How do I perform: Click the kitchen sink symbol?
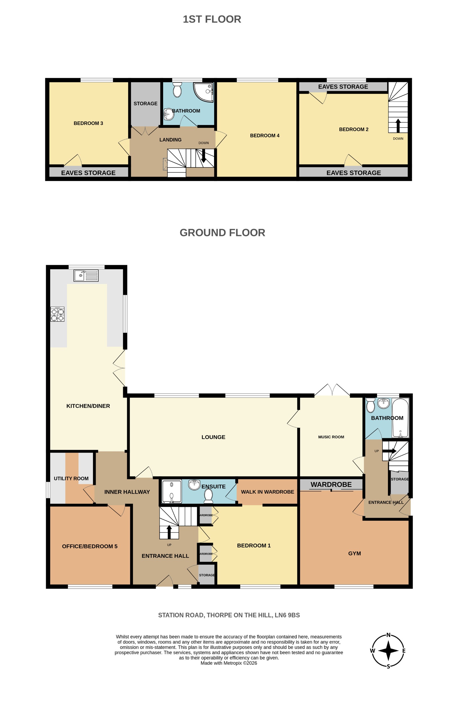(x=86, y=275)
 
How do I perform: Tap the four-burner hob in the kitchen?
(x=57, y=315)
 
